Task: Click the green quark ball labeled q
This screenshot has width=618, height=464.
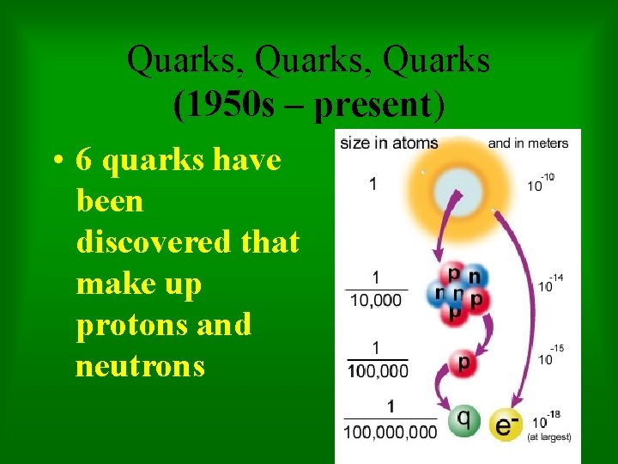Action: tap(463, 421)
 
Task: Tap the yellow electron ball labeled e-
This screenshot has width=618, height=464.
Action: tap(508, 424)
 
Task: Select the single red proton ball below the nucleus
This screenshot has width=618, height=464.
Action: tap(463, 362)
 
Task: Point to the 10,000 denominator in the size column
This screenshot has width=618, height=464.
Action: tap(377, 299)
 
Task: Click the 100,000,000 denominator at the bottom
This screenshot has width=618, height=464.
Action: tap(390, 431)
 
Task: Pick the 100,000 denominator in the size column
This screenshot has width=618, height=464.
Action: tap(378, 370)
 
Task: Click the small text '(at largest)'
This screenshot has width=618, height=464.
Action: tap(548, 437)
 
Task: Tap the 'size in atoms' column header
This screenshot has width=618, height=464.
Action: tap(389, 143)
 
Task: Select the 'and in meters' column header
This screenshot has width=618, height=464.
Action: tap(528, 143)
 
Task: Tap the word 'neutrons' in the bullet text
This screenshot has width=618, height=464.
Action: tap(140, 366)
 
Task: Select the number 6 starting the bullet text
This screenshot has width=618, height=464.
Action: tap(84, 160)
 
